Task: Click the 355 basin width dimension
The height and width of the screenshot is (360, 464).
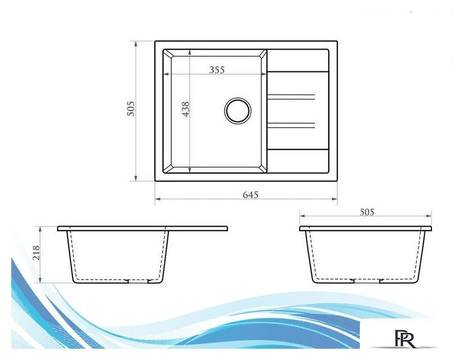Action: pos(217,70)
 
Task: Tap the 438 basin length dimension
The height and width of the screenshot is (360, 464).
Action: pos(185,109)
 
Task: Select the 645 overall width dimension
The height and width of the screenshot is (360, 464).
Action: pos(251,195)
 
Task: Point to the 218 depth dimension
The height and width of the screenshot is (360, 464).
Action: pos(36,253)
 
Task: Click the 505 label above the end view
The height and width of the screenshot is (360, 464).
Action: pos(367,212)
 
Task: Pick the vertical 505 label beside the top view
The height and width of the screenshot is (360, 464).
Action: pos(131,109)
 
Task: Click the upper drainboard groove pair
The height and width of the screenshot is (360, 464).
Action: pos(291,97)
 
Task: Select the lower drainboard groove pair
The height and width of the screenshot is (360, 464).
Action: pos(291,125)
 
